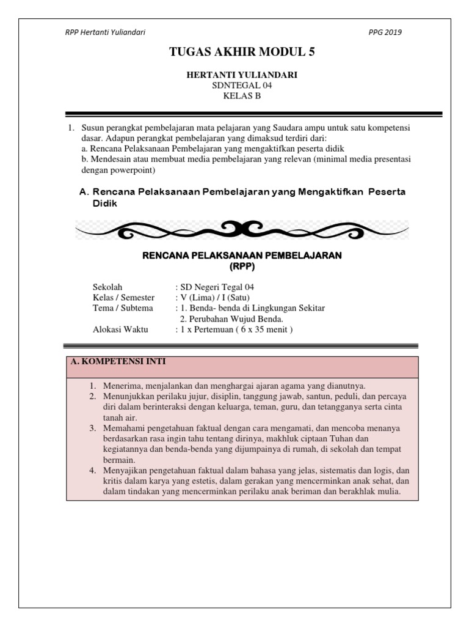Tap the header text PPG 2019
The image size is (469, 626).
point(385,32)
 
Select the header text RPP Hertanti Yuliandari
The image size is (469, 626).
point(105,32)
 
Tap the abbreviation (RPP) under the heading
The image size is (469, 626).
point(241,267)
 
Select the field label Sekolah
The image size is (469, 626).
point(107,287)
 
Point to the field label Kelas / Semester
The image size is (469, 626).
point(120,298)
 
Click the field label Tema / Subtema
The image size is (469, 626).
point(122,308)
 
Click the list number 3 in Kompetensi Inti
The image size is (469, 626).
point(92,428)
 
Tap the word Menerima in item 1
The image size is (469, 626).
point(122,386)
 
